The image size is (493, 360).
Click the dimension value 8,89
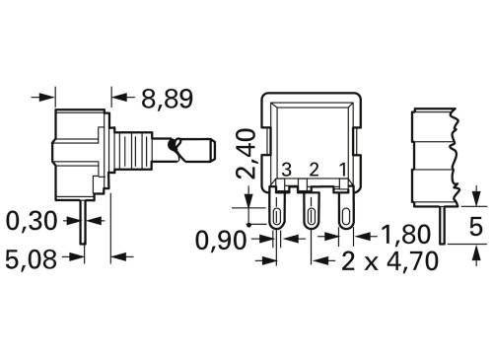[x=166, y=98]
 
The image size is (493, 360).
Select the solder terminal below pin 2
[x=313, y=214]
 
